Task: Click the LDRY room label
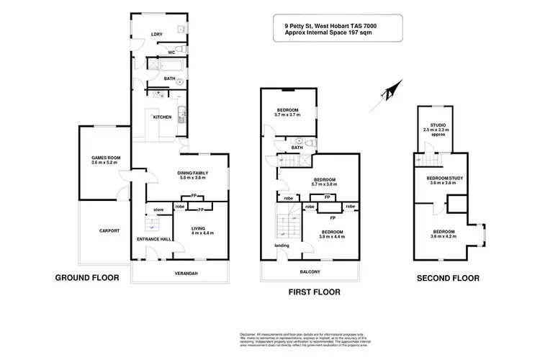coord(156,34)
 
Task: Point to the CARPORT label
coord(109,230)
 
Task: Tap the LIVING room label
coord(197,228)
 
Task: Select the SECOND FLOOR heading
coord(449,276)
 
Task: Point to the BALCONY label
coord(310,271)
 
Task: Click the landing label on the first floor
coord(282,246)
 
